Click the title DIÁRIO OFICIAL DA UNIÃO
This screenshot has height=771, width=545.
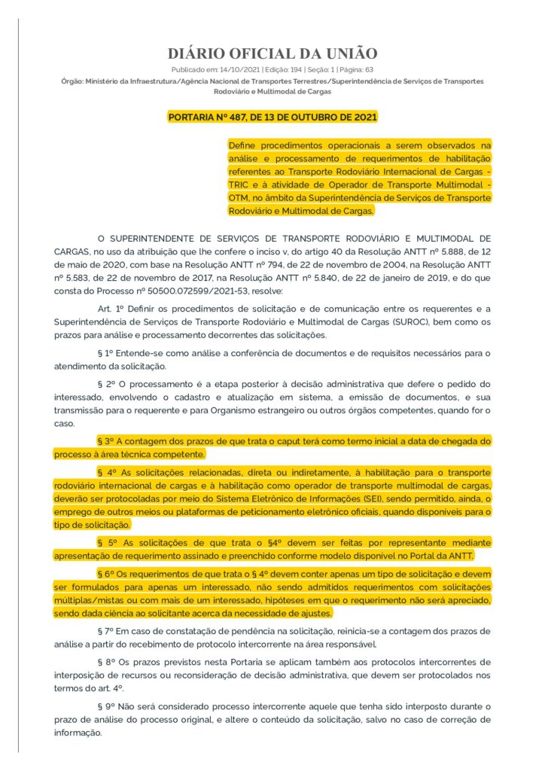(272, 53)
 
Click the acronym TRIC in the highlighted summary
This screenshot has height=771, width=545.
(241, 184)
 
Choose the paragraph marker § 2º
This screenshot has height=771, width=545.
(107, 384)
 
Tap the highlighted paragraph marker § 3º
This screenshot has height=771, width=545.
(107, 440)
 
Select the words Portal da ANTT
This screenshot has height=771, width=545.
(446, 556)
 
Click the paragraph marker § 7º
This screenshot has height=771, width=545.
(107, 629)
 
